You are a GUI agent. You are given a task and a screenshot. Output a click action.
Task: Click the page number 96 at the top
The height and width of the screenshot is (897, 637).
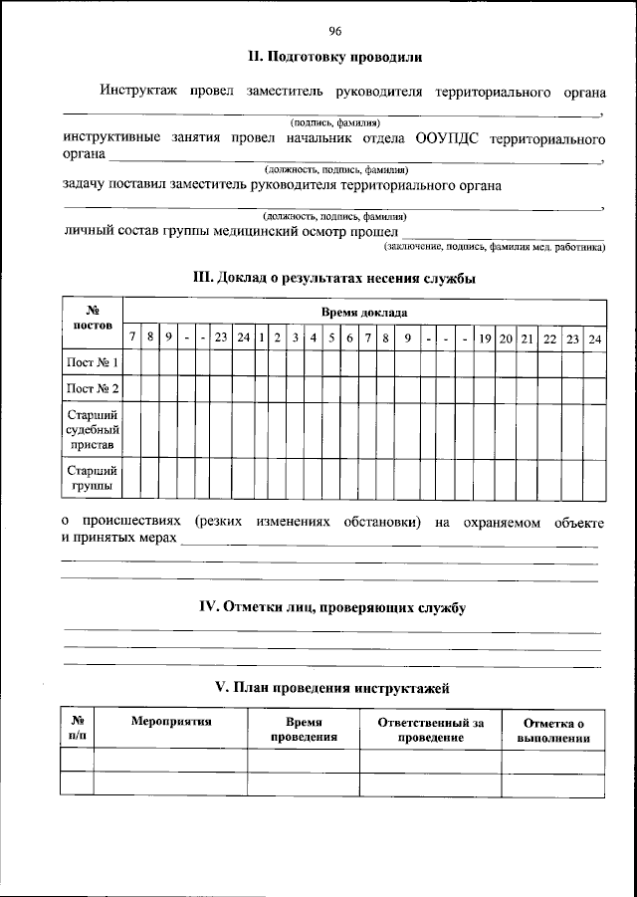tap(334, 31)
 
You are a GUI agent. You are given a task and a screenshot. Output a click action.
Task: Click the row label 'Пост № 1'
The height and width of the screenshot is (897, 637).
tap(93, 362)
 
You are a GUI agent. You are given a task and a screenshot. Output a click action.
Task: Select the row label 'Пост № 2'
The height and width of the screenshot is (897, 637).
tap(93, 389)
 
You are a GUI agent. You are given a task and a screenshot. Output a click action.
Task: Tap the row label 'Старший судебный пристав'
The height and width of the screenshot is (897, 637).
tap(93, 429)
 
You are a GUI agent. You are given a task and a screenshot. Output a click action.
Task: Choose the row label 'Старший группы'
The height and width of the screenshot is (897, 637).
tap(93, 478)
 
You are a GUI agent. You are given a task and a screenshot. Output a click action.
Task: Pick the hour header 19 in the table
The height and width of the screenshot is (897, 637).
tap(485, 337)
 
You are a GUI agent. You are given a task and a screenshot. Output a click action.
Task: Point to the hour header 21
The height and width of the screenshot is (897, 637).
tap(528, 337)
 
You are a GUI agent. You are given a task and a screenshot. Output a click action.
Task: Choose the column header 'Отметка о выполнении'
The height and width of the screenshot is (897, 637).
tap(553, 731)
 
